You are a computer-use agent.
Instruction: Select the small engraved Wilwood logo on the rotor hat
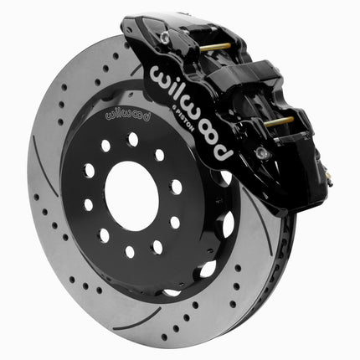click(x=127, y=116)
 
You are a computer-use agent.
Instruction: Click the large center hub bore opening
click(x=131, y=196)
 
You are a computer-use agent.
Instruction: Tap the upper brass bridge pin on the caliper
click(x=215, y=47)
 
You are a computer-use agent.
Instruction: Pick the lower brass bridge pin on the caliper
click(x=279, y=121)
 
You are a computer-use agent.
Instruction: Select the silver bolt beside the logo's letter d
click(x=261, y=152)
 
